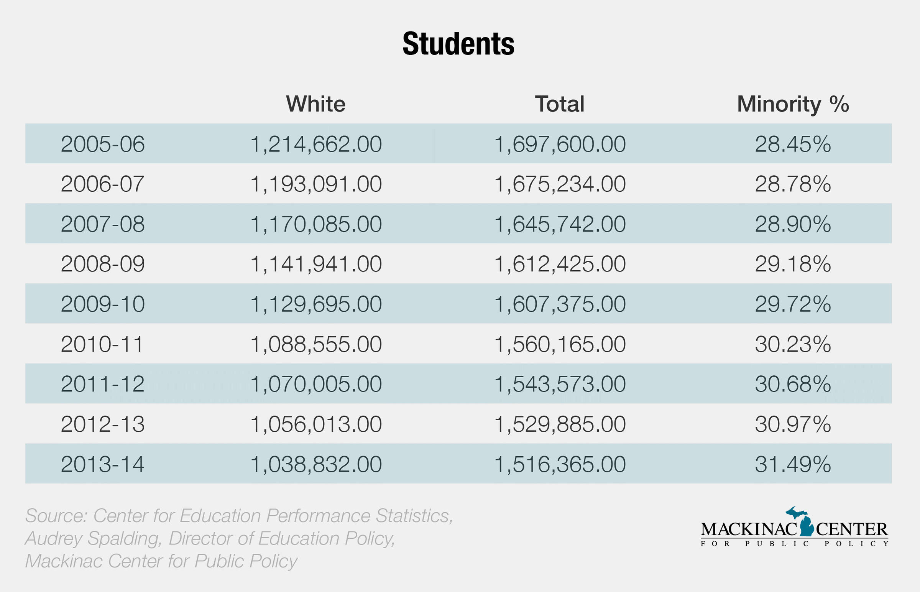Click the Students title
[x=458, y=44]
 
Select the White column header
[x=315, y=104]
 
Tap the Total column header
[x=560, y=104]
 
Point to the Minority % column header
[x=793, y=104]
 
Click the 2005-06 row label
[x=103, y=144]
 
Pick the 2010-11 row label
[x=102, y=344]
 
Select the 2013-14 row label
[x=103, y=464]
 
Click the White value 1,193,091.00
[x=315, y=184]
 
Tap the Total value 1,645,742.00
[x=560, y=224]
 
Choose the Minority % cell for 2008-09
[x=793, y=264]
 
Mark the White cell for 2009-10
[x=315, y=304]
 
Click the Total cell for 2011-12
[x=560, y=384]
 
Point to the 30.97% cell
[x=793, y=424]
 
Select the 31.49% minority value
[x=793, y=464]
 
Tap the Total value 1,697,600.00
[x=560, y=144]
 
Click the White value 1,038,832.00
[x=315, y=464]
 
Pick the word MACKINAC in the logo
[x=748, y=530]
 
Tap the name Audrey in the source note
[x=54, y=539]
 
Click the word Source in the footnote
[x=56, y=516]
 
